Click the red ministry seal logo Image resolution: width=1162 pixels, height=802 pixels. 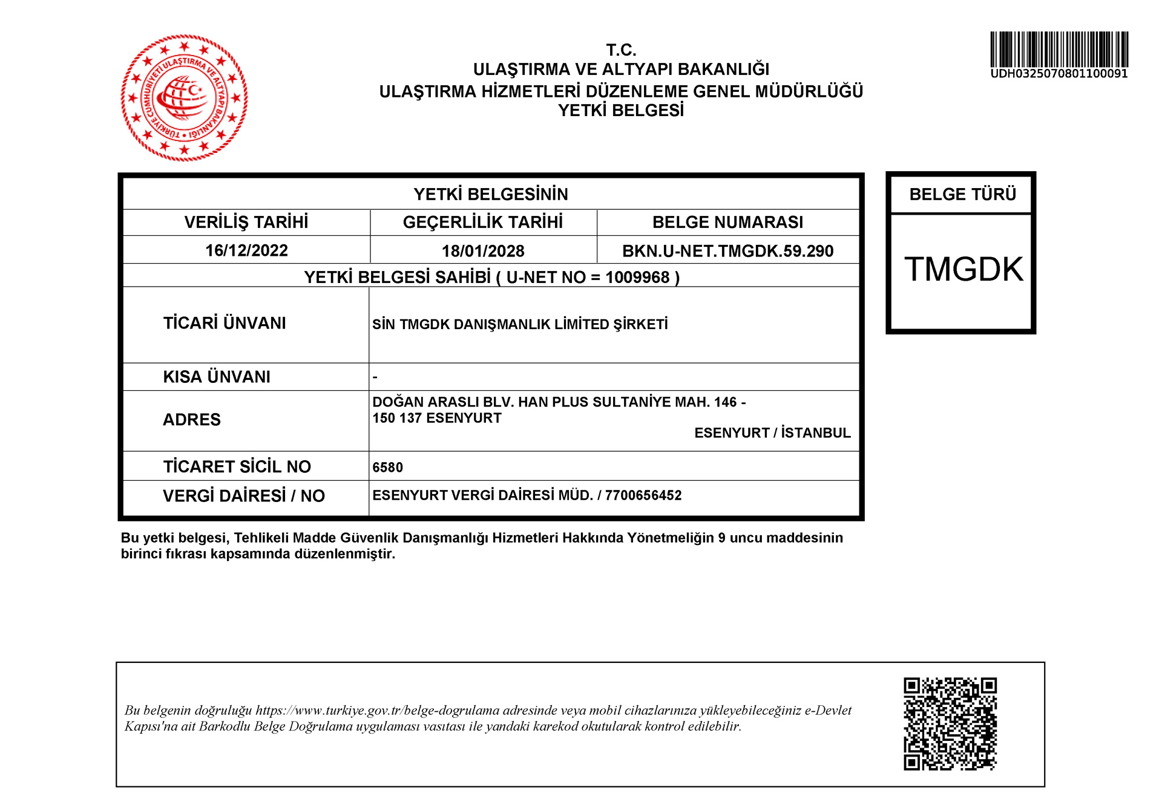tap(185, 97)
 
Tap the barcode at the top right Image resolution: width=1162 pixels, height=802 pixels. tap(1059, 49)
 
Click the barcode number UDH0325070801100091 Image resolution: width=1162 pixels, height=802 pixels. tap(1059, 74)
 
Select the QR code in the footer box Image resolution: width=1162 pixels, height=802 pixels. tap(950, 723)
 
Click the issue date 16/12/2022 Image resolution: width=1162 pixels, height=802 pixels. tap(246, 250)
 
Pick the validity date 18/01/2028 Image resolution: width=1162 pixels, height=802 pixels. tap(483, 251)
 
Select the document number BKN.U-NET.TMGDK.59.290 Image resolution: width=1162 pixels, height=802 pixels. tap(727, 251)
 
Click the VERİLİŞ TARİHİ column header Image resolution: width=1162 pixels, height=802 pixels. tap(246, 223)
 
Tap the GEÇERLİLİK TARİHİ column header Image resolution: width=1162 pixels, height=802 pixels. tap(483, 223)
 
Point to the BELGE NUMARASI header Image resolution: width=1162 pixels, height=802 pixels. tap(727, 223)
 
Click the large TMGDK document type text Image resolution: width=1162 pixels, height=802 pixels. tap(963, 269)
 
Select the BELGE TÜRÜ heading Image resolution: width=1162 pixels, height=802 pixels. tap(962, 194)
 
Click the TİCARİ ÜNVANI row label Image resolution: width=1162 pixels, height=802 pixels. tap(225, 323)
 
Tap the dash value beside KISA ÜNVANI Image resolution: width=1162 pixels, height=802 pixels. tap(375, 377)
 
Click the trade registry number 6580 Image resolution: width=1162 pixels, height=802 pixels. tap(387, 467)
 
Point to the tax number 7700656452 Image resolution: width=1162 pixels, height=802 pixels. tap(643, 495)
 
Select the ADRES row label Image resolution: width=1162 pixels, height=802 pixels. tap(192, 420)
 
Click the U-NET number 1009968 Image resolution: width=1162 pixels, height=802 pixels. tap(637, 278)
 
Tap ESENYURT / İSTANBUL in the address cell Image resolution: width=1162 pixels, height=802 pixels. tap(772, 433)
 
